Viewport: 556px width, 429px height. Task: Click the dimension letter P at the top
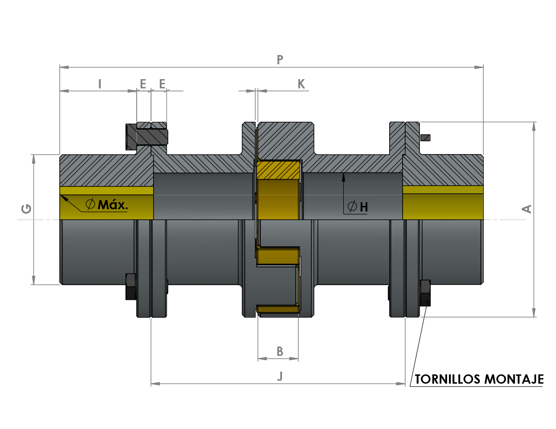click(280, 60)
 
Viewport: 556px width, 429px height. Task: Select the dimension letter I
click(100, 84)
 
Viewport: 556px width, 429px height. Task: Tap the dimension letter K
click(301, 84)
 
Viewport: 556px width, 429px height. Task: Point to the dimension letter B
click(280, 352)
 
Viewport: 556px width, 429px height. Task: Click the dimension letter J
click(280, 376)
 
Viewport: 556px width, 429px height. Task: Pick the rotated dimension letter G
click(26, 209)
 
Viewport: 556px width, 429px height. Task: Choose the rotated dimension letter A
click(526, 209)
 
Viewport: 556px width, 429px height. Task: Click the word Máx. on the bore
click(113, 205)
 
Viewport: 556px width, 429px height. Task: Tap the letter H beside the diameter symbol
click(364, 207)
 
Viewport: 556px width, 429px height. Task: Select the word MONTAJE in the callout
click(514, 379)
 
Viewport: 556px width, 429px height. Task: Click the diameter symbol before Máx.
click(90, 204)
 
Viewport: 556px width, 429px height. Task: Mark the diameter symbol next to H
click(352, 206)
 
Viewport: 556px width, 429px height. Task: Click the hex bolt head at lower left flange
click(131, 286)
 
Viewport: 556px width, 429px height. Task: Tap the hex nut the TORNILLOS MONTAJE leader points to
click(425, 293)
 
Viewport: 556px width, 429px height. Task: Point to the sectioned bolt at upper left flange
click(146, 137)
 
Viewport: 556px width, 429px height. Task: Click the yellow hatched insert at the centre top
click(278, 170)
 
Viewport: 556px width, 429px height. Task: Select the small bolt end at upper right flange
click(425, 138)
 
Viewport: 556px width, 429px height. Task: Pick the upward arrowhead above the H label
click(343, 177)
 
